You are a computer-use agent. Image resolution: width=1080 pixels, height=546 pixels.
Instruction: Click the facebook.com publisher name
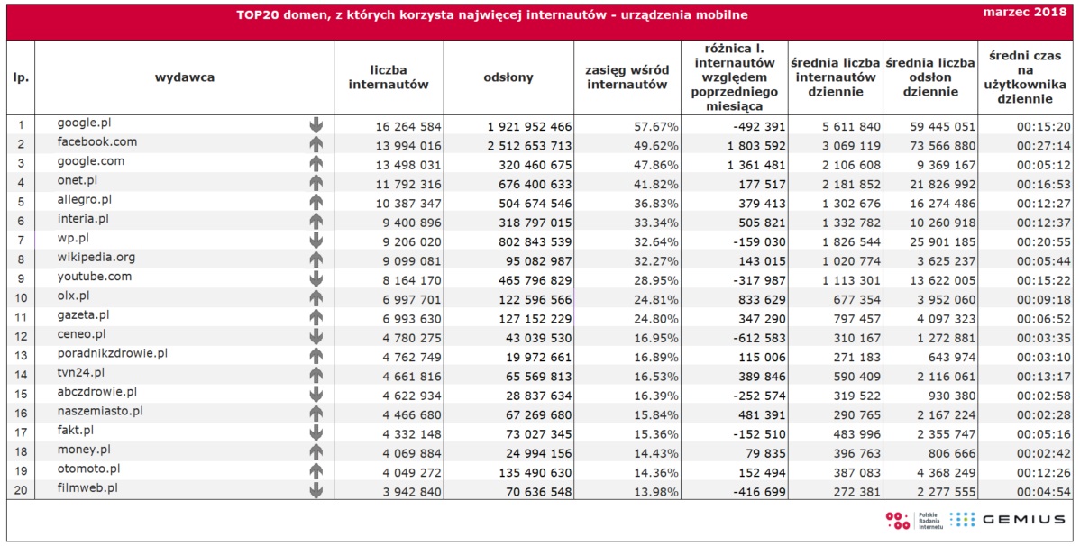[x=97, y=141]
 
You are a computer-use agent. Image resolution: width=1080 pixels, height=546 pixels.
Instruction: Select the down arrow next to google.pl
[x=316, y=124]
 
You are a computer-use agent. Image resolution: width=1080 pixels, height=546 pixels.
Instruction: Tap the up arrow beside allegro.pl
[x=316, y=202]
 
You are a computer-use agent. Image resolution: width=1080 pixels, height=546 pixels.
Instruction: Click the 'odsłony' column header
[x=508, y=77]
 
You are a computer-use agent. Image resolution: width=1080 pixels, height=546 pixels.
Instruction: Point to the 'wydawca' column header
[x=185, y=77]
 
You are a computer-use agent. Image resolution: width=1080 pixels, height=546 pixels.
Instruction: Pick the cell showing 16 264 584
[x=408, y=127]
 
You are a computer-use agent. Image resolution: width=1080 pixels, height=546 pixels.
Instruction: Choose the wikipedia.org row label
[x=96, y=258]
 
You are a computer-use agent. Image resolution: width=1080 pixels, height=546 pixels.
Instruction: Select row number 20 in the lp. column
[x=21, y=492]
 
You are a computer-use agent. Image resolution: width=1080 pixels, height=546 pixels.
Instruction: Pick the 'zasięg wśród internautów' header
[x=627, y=77]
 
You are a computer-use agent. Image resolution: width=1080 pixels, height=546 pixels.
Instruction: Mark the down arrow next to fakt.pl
[x=316, y=432]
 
